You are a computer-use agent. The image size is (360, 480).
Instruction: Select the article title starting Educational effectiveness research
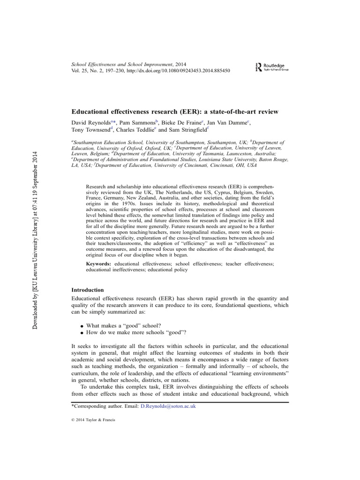click(x=174, y=112)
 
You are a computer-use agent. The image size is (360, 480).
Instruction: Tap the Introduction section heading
click(x=87, y=290)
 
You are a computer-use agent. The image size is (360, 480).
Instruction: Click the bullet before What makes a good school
click(x=82, y=325)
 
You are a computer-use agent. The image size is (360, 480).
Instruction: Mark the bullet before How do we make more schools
click(x=82, y=333)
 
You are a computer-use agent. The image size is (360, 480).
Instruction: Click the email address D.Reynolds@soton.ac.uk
click(x=168, y=406)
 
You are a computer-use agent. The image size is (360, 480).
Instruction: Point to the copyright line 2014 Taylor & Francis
click(x=93, y=420)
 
